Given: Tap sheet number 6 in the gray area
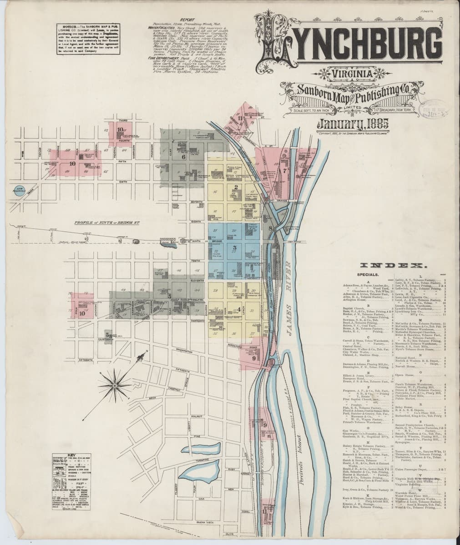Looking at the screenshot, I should (183, 157).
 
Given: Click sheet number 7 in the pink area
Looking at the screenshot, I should (285, 171).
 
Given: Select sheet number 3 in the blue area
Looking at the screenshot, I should (234, 248).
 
